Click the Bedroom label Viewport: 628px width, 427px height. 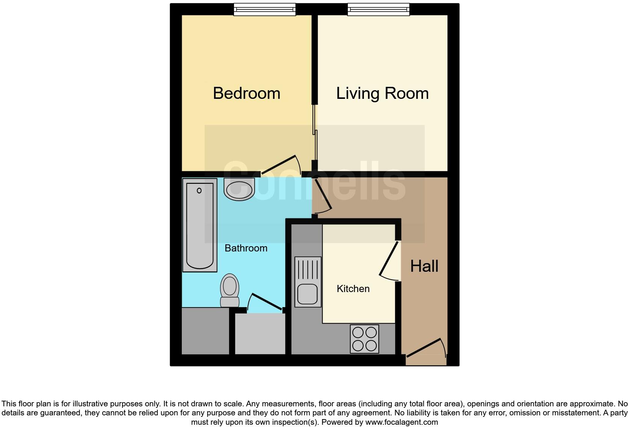(246, 93)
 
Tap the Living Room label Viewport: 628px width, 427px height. (382, 93)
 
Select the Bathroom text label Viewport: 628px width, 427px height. (246, 248)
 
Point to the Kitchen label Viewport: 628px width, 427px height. (353, 289)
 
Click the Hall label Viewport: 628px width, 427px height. (424, 266)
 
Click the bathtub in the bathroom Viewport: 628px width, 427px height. (200, 225)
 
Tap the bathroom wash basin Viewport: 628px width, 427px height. (239, 189)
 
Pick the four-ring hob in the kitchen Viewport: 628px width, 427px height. (364, 339)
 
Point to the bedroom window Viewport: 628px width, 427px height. (264, 10)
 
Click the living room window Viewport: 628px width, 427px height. (378, 10)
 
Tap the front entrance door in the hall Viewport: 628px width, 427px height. (424, 347)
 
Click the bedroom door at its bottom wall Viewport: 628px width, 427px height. (280, 165)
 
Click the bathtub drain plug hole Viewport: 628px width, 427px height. (199, 191)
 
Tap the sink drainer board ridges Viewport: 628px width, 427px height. (308, 269)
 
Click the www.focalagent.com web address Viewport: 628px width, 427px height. (402, 422)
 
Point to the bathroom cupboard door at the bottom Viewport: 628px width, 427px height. (265, 301)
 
